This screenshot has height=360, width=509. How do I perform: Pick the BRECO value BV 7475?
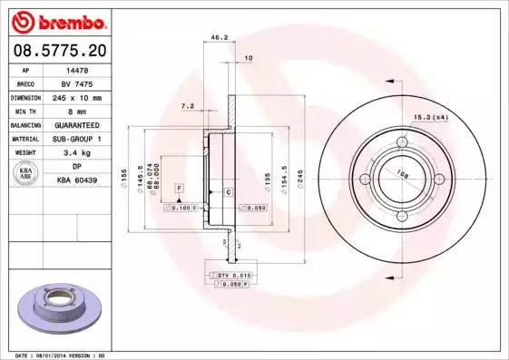[77, 83]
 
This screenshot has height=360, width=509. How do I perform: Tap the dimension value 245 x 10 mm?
[77, 96]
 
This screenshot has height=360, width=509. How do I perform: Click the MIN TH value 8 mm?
[77, 110]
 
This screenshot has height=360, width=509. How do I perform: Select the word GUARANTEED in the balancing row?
[77, 124]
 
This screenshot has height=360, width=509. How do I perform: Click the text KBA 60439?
[77, 180]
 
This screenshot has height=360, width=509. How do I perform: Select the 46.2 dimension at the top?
[218, 38]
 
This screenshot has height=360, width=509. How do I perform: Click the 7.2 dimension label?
[188, 106]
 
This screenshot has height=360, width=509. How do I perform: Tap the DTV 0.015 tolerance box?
[234, 274]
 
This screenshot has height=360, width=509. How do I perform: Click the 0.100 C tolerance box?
[181, 208]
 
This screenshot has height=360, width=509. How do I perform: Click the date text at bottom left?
[54, 355]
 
